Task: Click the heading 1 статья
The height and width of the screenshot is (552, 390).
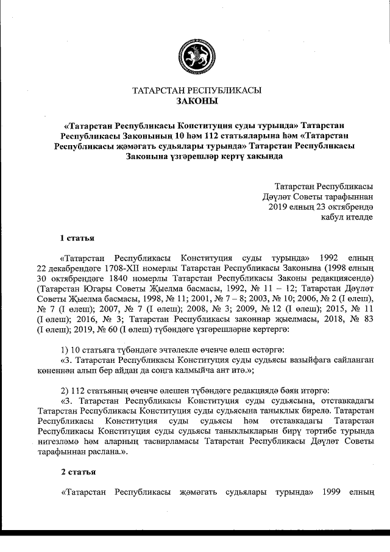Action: point(77,236)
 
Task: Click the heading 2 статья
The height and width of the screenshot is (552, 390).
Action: point(77,473)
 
